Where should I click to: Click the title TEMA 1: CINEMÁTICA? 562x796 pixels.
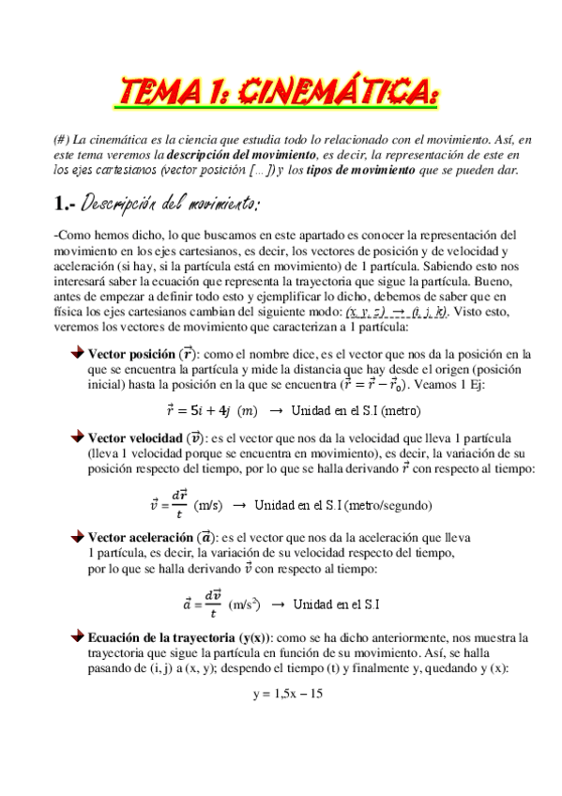[279, 94]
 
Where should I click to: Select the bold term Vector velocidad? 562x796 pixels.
[134, 437]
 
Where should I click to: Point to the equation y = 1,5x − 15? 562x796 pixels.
[288, 695]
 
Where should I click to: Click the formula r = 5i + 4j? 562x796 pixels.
[197, 410]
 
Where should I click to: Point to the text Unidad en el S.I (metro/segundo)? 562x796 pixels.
[343, 504]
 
